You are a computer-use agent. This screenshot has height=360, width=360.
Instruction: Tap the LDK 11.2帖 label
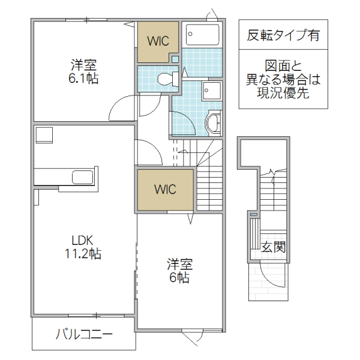[x=83, y=247]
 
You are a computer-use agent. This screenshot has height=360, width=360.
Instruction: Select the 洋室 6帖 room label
[x=178, y=271]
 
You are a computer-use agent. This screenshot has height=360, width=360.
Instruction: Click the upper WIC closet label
[x=158, y=41]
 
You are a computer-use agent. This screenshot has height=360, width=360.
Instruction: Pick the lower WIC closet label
[x=164, y=190]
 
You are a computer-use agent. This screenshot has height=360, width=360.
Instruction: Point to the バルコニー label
[x=83, y=334]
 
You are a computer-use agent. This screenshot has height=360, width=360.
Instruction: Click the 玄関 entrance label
[x=273, y=246]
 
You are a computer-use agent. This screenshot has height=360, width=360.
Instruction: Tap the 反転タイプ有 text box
[x=283, y=35]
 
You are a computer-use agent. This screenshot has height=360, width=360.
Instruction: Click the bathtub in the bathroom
[x=203, y=35]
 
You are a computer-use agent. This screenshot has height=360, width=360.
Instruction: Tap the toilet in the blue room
[x=164, y=79]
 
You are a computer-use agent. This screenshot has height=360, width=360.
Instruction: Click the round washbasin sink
[x=213, y=124]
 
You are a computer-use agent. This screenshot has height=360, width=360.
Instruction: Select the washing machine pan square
[x=212, y=92]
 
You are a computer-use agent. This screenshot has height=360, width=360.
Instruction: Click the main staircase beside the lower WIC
[x=210, y=180]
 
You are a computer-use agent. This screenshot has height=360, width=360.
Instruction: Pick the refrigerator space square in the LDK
[x=44, y=135]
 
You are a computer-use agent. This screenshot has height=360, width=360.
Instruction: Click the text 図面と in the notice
[x=283, y=66]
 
